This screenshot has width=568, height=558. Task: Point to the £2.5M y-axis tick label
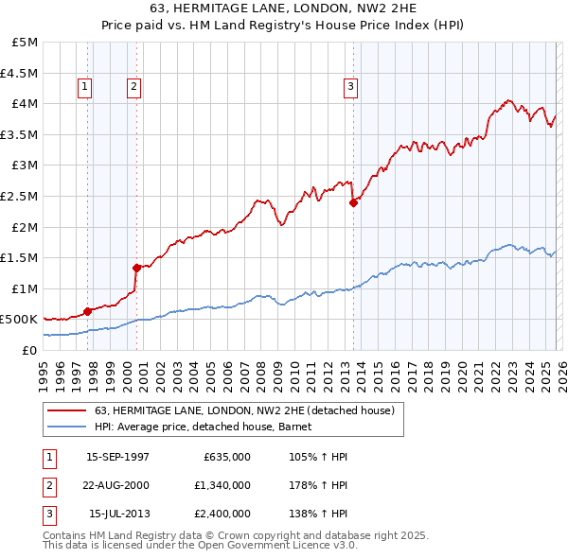click(x=20, y=197)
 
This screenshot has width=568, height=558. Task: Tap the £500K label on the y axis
click(x=20, y=320)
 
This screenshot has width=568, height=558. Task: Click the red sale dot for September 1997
click(x=87, y=310)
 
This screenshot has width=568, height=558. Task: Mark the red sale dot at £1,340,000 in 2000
click(x=136, y=267)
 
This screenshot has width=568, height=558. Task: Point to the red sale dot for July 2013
click(x=353, y=201)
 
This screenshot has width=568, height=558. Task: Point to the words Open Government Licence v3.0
click(x=276, y=546)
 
